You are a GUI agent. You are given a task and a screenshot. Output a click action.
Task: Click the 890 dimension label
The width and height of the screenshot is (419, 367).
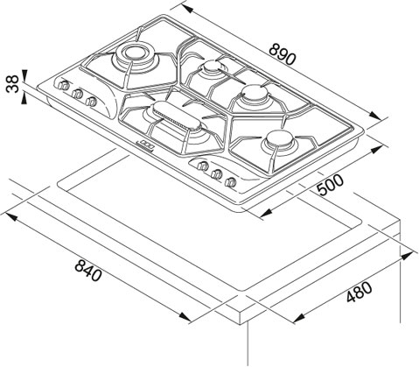[x=282, y=54]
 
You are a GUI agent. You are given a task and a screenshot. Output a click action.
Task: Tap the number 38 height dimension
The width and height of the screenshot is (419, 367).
[x=13, y=84]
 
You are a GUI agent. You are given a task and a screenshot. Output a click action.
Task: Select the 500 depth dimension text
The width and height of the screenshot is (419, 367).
[x=331, y=185]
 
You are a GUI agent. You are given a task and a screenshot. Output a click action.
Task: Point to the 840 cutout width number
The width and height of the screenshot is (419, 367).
[x=88, y=271]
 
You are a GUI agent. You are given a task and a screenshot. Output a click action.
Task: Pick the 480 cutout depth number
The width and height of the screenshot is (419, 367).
[x=359, y=292]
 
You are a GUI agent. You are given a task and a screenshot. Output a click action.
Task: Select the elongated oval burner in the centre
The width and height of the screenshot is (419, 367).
[x=177, y=116]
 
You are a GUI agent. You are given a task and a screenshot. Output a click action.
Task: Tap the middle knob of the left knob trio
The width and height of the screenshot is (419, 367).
[x=77, y=93]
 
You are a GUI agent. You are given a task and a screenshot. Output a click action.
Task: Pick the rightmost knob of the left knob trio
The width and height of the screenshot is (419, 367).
[x=91, y=101]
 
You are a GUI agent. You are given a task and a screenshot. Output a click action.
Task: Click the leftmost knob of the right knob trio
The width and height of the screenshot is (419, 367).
[x=202, y=166]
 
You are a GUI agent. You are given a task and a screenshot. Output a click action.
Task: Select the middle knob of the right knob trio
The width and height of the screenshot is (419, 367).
[x=216, y=174]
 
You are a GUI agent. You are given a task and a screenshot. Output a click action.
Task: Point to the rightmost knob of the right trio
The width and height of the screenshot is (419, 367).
[x=230, y=182]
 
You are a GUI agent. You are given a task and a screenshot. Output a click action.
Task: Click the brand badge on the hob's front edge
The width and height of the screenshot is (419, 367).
[x=145, y=145]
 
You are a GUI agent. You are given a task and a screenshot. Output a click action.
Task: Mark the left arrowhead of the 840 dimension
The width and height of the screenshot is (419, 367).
[x=10, y=216]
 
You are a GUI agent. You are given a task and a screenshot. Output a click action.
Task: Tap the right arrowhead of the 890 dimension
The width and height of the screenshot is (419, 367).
[x=374, y=116]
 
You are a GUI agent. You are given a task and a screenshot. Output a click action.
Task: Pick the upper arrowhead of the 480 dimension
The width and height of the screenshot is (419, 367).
[x=407, y=257]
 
